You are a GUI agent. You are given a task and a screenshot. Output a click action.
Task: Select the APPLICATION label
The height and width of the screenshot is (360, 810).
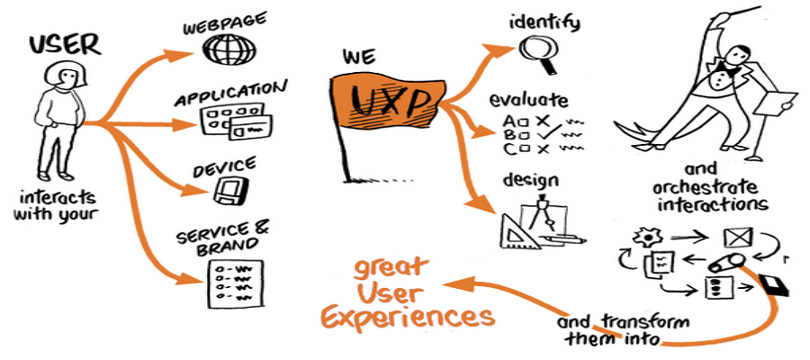[230, 93]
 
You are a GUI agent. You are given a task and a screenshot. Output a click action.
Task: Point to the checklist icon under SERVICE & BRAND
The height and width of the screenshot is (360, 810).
[232, 281]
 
